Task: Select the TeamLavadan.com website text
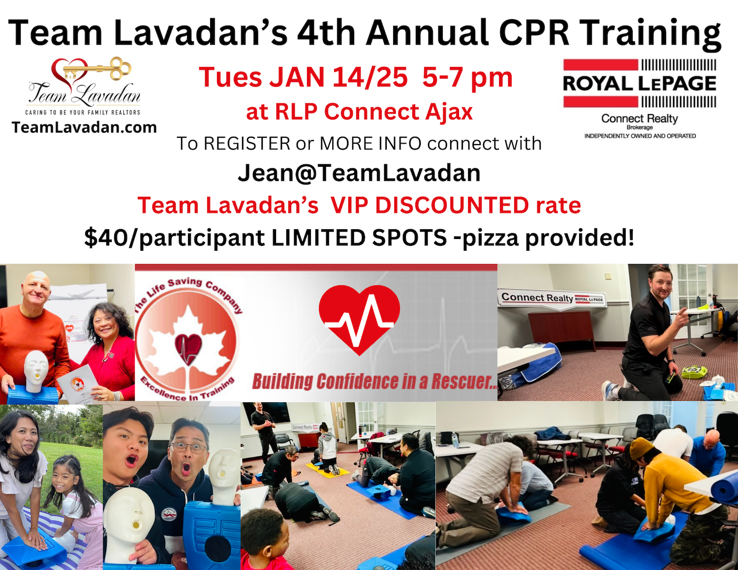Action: coord(84,128)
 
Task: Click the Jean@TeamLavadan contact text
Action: coord(359,173)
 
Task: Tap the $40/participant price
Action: coord(174,238)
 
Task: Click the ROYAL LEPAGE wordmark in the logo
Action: coord(640,84)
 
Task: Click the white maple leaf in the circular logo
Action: coord(188,346)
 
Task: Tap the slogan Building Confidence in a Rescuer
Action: coord(374,381)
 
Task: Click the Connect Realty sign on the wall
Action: coord(552,298)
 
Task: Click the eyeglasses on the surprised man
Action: coord(189,448)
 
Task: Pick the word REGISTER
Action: coord(247,143)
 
